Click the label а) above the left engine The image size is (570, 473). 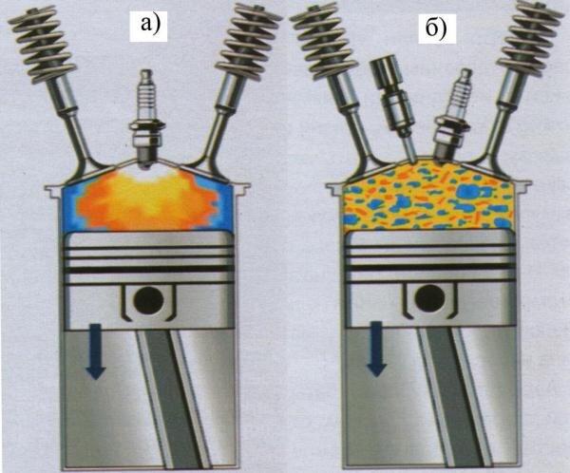(149, 25)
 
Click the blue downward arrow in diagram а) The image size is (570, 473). (96, 350)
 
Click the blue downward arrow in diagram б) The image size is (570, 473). (376, 349)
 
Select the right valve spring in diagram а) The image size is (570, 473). (248, 41)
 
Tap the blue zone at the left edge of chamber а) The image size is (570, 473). (71, 208)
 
